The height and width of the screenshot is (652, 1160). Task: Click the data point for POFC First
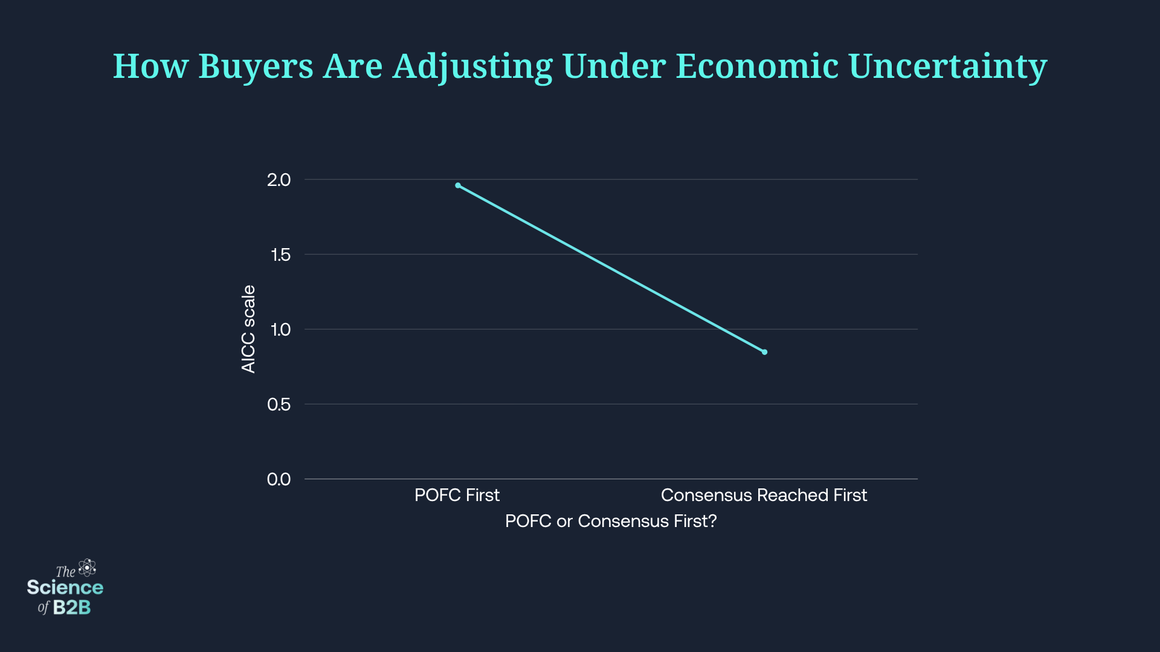458,185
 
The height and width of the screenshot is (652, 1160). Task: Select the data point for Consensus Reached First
764,352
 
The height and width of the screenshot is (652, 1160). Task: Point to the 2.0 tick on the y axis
279,180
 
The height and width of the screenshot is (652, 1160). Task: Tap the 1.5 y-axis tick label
280,255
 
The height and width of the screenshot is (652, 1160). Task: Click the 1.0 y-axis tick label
280,330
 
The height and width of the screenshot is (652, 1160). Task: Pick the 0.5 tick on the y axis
279,404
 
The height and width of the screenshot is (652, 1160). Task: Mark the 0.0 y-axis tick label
279,479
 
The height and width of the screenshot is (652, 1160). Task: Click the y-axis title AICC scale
248,329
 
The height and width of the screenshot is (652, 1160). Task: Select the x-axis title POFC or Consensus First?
611,521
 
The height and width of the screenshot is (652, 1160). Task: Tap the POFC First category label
457,495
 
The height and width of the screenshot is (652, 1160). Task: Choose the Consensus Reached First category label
764,495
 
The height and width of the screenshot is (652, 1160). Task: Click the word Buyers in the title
256,66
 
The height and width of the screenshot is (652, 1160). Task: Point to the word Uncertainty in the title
947,66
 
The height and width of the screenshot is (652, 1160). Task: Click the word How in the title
151,66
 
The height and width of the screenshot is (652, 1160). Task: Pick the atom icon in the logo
88,567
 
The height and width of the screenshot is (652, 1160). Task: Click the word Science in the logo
65,587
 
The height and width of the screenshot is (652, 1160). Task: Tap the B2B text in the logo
72,607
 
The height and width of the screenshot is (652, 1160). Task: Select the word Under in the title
614,66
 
